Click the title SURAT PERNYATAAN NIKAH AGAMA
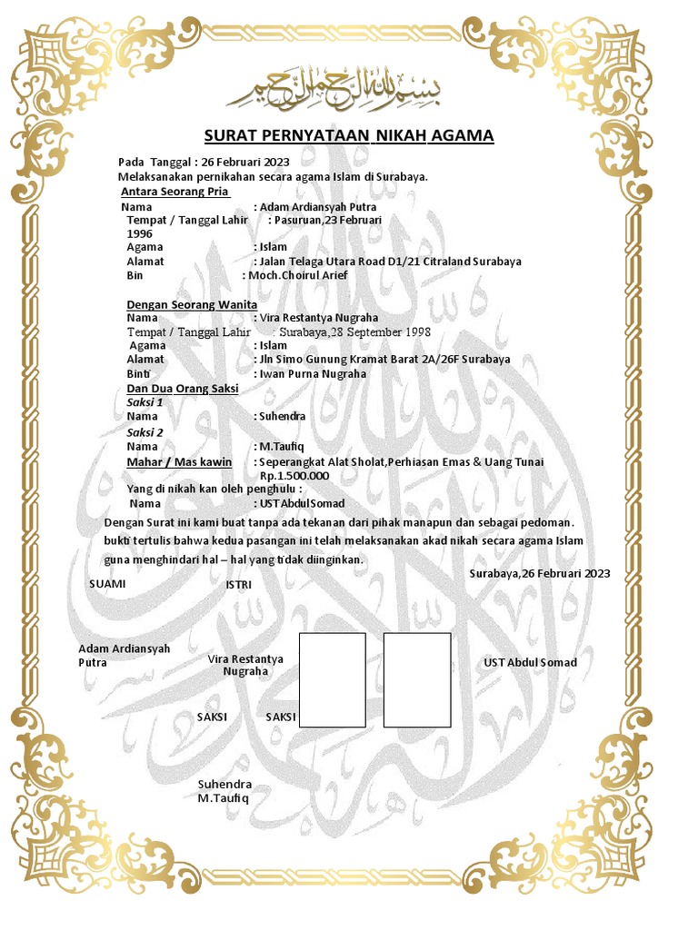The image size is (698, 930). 348,136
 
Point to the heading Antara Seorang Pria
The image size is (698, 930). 174,192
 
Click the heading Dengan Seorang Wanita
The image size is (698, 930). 191,304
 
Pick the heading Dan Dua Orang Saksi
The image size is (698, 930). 182,388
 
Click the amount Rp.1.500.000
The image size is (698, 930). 294,475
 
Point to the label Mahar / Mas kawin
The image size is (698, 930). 179,462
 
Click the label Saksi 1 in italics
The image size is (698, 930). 145,401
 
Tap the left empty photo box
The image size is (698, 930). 332,680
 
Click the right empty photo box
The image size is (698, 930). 417,680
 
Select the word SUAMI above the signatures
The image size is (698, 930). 106,584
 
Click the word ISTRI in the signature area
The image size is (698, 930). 238,585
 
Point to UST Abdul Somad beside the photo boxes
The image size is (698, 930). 530,663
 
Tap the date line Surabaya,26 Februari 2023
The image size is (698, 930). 540,574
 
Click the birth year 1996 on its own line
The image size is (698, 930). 139,233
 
